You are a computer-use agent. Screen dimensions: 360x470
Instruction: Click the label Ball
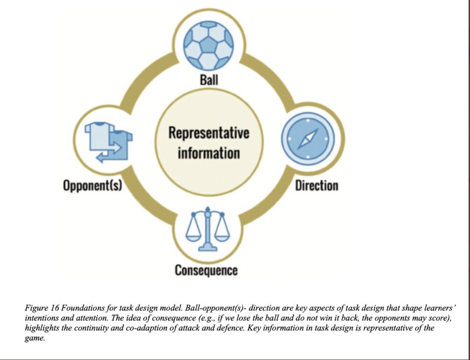[x=209, y=80]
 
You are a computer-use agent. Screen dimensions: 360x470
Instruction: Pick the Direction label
[x=316, y=185]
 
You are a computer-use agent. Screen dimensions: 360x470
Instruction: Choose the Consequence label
[x=206, y=270]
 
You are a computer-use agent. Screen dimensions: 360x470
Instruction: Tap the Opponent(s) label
[x=93, y=185]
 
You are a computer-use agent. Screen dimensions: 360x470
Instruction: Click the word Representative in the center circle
[x=209, y=133]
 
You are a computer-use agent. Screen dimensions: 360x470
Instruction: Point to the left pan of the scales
[x=193, y=236]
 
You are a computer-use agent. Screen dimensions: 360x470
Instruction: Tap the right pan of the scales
[x=222, y=236]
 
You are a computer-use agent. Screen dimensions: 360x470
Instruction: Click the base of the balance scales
[x=208, y=247]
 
